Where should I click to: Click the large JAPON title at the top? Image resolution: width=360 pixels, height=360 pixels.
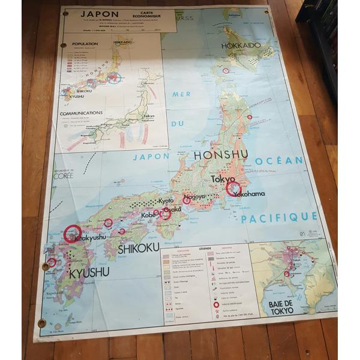(98, 13)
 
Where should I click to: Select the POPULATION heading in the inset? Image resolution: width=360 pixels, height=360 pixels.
(85, 44)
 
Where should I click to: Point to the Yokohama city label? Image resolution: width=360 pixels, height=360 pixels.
(246, 194)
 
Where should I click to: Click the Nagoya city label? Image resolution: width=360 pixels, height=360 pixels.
(194, 196)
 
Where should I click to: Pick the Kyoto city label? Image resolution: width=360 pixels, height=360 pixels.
(166, 200)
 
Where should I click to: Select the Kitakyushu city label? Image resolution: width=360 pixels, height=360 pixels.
(91, 238)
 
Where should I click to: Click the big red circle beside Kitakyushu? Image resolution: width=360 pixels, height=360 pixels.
(73, 233)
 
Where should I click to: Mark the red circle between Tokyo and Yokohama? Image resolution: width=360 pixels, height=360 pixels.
(233, 189)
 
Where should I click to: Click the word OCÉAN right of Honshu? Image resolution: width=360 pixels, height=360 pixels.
(279, 161)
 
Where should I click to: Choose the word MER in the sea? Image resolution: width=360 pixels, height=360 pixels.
(181, 94)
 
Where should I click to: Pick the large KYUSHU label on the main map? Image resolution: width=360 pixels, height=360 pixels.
(89, 274)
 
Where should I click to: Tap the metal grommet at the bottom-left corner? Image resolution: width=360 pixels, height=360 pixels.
(42, 323)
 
